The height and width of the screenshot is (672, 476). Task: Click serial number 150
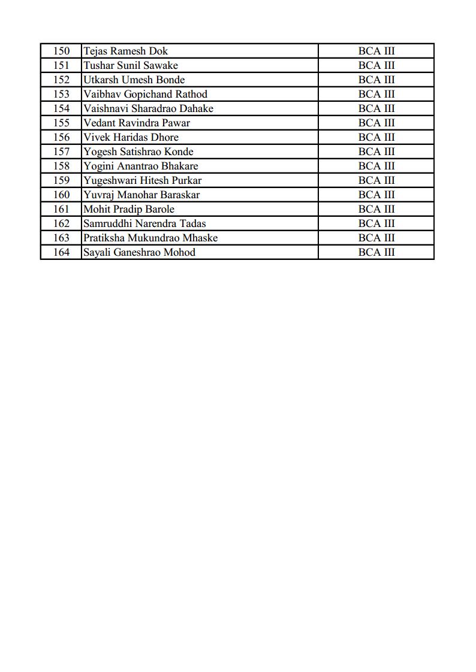(61, 51)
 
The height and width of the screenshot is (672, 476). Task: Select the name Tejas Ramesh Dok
(125, 51)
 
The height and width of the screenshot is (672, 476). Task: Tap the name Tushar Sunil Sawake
(130, 65)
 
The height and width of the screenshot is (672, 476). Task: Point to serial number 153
(61, 94)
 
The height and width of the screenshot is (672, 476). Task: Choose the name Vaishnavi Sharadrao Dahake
(148, 108)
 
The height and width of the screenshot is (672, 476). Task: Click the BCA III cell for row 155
(376, 123)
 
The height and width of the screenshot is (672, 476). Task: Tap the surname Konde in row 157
(179, 152)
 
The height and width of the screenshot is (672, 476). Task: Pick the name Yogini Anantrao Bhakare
(140, 166)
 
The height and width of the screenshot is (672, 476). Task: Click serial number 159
(61, 180)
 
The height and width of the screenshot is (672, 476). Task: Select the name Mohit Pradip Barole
(129, 209)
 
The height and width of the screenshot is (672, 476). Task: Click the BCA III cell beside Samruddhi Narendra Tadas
(376, 223)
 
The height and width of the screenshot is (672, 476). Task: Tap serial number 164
(61, 252)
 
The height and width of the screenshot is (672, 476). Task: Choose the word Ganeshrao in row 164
(139, 252)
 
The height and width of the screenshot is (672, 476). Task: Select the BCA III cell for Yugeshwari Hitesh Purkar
(376, 180)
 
